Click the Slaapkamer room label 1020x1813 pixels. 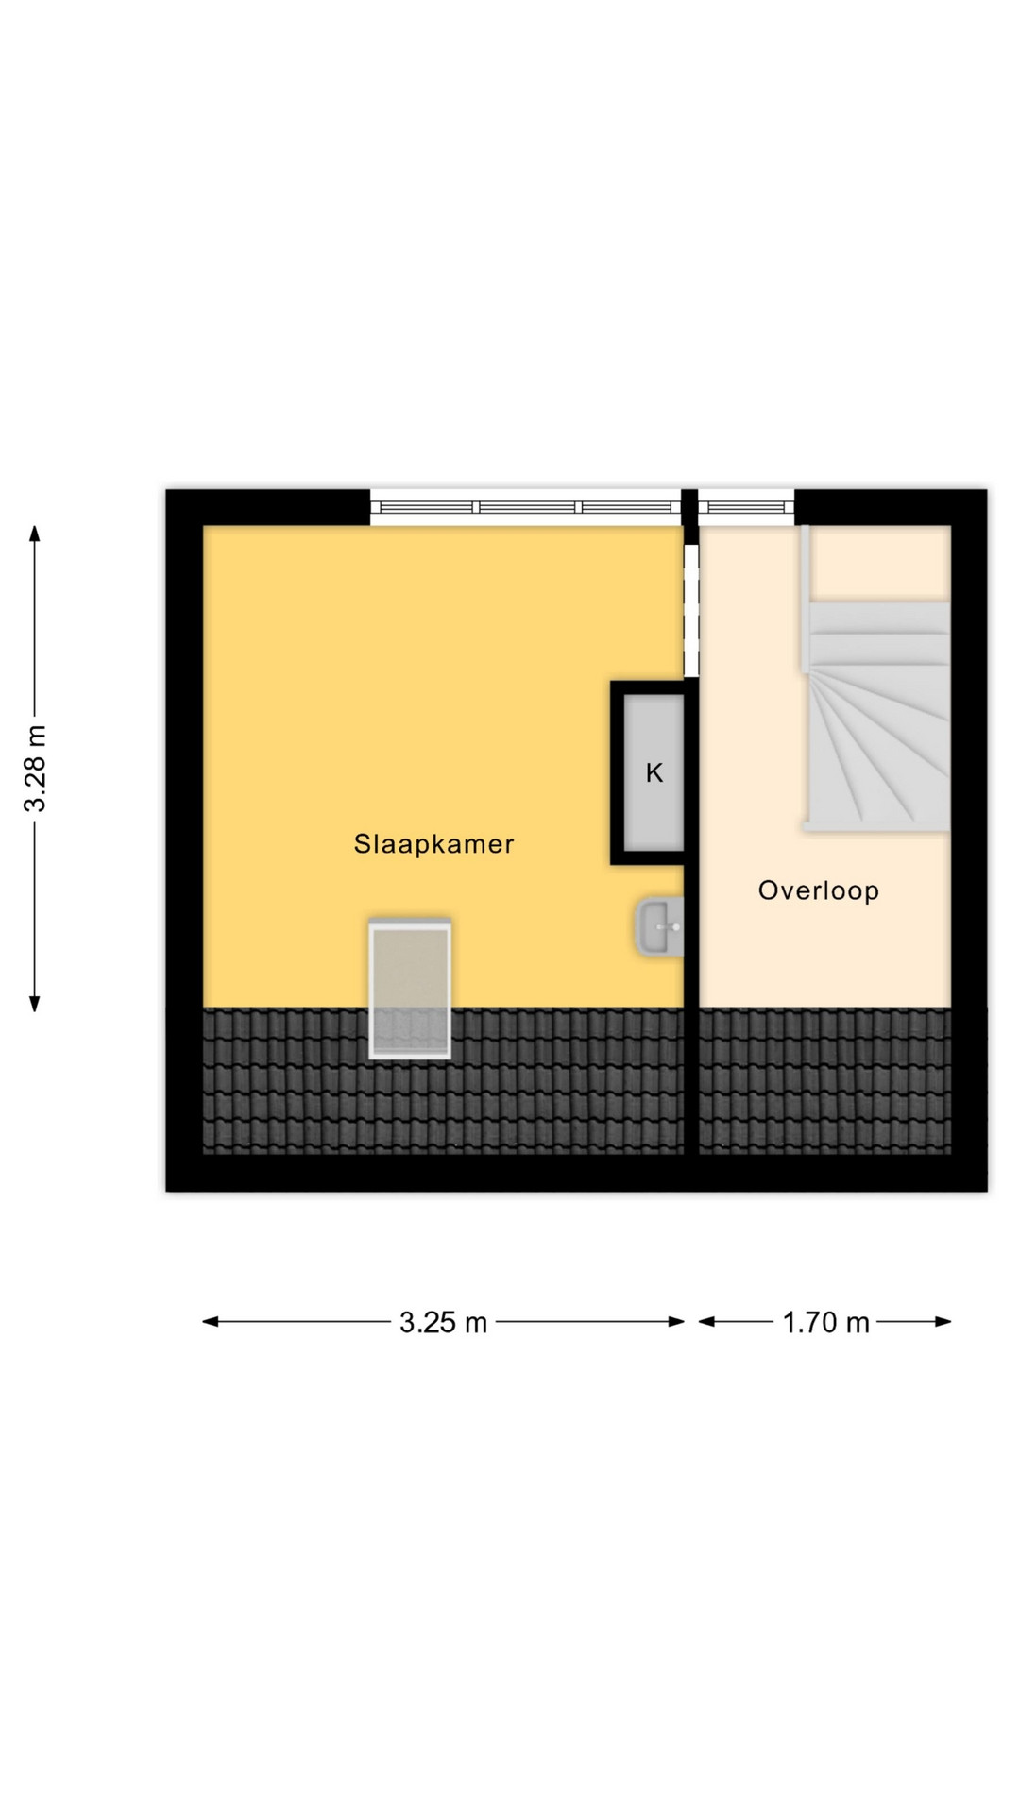433,844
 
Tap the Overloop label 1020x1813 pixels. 819,890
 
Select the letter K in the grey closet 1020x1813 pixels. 654,773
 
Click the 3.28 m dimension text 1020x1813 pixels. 36,769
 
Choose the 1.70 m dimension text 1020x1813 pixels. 825,1322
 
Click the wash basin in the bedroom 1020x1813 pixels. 660,926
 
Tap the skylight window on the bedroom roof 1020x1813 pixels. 410,988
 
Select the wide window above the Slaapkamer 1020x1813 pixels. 525,507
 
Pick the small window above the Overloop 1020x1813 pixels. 746,507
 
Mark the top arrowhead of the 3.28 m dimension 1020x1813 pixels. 35,532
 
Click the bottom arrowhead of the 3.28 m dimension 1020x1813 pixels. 35,1004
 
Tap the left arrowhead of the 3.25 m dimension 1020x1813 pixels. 211,1322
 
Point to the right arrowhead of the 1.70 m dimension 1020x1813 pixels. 943,1322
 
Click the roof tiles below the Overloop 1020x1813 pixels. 824,1081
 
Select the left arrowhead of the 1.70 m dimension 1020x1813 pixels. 706,1322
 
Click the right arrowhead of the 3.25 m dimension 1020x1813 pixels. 676,1322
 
